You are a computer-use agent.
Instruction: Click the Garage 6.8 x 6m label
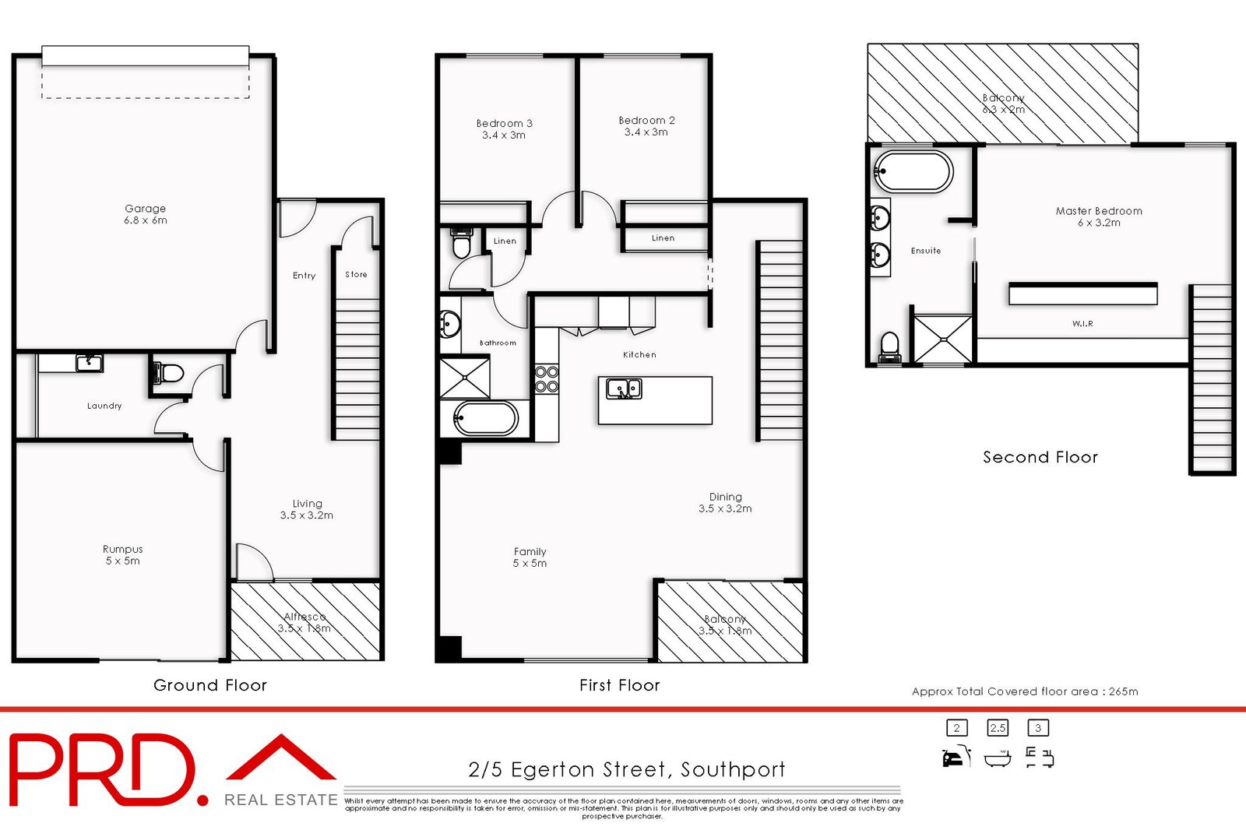coord(146,214)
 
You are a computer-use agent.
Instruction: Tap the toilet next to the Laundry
coord(169,373)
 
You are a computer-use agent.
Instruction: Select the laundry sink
coord(89,363)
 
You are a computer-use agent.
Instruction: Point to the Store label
coord(356,274)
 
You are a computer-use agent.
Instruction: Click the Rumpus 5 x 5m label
coord(123,554)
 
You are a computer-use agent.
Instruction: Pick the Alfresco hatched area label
coord(304,622)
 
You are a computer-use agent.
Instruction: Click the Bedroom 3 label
coord(504,128)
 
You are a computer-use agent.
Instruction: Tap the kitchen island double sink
coord(624,389)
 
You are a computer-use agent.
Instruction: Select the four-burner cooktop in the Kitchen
coord(547,379)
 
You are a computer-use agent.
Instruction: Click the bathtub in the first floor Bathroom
coord(485,418)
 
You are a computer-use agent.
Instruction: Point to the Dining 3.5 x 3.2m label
coord(725,502)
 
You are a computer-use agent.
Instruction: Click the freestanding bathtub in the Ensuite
coord(913,171)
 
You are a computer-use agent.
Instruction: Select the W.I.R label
coord(1082,323)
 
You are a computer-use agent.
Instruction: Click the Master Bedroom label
coord(1099,216)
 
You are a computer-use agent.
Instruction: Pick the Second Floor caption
coord(1040,457)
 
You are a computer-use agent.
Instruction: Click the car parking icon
coord(956,757)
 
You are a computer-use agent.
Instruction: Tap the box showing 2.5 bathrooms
coord(998,728)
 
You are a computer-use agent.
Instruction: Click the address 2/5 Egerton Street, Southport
coord(626,769)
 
